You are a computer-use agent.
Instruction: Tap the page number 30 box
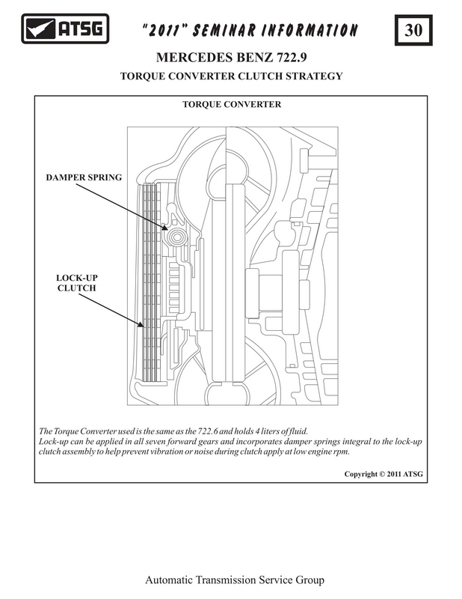click(413, 31)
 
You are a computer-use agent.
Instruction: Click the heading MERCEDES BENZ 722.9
click(231, 58)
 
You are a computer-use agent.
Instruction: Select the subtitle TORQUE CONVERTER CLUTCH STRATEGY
click(231, 76)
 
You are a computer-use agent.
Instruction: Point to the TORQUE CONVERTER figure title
click(232, 104)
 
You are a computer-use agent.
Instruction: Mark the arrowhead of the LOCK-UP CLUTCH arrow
click(142, 326)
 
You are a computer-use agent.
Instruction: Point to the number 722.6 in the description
click(226, 432)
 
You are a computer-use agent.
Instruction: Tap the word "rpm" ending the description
click(340, 451)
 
